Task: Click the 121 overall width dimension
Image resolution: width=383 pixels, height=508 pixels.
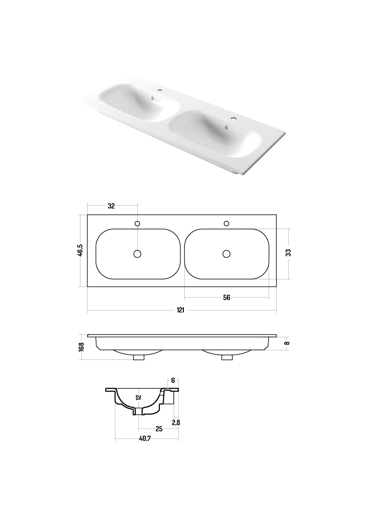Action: [180, 310]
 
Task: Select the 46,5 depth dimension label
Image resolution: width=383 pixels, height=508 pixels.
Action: [80, 250]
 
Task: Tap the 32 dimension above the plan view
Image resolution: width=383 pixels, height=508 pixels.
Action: [111, 206]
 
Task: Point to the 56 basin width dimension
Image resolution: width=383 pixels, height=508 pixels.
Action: [226, 298]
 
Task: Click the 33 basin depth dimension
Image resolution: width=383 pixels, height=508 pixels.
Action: [289, 253]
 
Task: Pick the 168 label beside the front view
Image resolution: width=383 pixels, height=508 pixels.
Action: [81, 346]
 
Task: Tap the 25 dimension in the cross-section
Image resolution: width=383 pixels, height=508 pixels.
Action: [159, 429]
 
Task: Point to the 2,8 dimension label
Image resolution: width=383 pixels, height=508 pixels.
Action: [176, 423]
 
